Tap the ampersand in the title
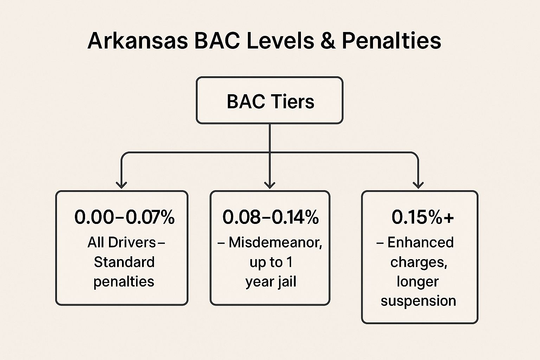point(328,40)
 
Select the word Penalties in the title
point(391,40)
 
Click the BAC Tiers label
point(270,101)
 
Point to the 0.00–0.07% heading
point(124,217)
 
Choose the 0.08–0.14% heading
point(270,217)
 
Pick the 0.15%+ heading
point(423,217)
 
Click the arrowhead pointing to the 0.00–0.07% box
point(121,184)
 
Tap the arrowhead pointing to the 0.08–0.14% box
point(270,184)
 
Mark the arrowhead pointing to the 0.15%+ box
point(418,184)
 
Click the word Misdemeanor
point(275,243)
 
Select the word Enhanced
point(420,243)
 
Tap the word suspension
point(418,301)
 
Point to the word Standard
point(124,262)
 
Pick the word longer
point(418,282)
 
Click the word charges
point(418,262)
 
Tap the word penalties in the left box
point(124,282)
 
